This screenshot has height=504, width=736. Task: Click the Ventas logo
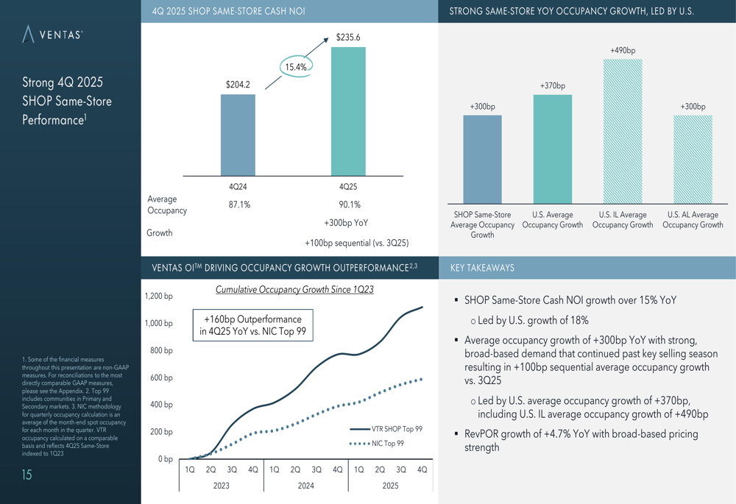52,35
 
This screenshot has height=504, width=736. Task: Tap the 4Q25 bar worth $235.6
348,111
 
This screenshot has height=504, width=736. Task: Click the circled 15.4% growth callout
296,67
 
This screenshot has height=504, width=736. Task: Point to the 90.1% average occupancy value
349,205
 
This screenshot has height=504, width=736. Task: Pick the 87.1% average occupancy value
239,205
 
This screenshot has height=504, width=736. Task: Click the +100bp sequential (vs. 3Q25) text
356,243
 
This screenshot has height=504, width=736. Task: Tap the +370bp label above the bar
552,86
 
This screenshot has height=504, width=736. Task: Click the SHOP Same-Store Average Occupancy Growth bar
482,159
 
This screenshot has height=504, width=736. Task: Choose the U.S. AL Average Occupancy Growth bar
693,159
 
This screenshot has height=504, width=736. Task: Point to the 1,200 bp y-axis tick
158,297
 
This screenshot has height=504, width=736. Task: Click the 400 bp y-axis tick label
160,405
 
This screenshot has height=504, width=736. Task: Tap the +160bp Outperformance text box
252,325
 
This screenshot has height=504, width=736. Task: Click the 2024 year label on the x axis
305,486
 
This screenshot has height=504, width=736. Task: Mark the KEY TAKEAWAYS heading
481,268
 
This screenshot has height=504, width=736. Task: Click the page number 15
26,475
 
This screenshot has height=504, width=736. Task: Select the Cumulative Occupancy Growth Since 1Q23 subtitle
294,290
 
